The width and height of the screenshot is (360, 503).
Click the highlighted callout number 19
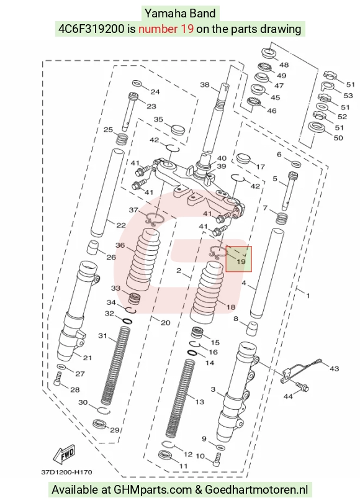pos(241,261)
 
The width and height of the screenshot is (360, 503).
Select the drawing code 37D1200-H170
pos(66,472)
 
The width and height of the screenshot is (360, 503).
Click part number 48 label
pos(284,65)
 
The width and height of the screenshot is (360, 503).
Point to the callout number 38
pos(205,84)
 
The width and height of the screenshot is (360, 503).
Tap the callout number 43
pos(334,369)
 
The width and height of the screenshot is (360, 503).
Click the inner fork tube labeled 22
pos(108,192)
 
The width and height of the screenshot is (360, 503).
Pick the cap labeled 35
pos(178,130)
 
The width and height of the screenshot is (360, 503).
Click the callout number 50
pos(338,138)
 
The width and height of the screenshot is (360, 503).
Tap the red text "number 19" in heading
pos(166,29)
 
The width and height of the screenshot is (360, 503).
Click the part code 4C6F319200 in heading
pos(91,29)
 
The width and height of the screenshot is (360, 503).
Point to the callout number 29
pos(114,430)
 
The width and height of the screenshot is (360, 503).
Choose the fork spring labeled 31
pos(115,365)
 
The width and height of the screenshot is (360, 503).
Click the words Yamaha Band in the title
pos(180,14)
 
